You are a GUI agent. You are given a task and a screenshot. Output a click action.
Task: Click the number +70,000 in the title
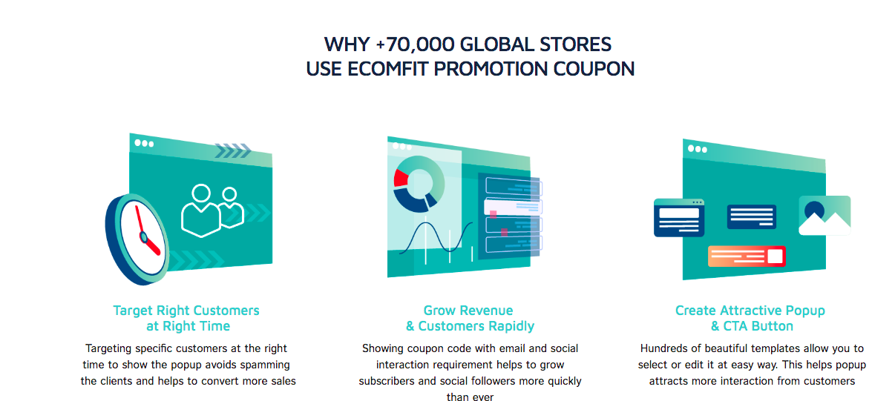click(x=415, y=44)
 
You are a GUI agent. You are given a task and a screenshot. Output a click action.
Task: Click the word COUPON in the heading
click(x=594, y=69)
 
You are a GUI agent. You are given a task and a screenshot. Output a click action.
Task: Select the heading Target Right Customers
click(x=186, y=311)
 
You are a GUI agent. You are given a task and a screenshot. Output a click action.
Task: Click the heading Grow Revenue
click(x=468, y=311)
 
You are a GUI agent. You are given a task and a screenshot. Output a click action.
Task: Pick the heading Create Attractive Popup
click(x=750, y=311)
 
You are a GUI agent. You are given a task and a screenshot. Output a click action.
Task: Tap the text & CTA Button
click(x=752, y=326)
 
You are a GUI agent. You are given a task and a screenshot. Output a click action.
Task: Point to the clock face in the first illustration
click(x=142, y=237)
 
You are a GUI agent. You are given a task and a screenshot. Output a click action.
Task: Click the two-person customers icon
click(x=212, y=211)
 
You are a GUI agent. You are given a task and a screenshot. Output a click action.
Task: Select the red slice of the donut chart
click(x=400, y=178)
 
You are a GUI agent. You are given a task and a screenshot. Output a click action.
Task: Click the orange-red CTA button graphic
click(x=747, y=256)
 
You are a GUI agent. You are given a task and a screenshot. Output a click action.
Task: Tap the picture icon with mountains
click(x=824, y=216)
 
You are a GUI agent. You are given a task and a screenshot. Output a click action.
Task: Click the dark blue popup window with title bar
click(x=679, y=218)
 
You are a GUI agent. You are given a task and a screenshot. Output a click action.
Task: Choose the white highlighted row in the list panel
click(x=513, y=207)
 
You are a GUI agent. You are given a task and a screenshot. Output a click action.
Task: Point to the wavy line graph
click(x=436, y=237)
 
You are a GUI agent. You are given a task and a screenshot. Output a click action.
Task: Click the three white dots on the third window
click(x=697, y=149)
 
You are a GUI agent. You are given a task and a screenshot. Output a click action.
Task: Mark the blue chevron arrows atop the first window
click(x=233, y=150)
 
